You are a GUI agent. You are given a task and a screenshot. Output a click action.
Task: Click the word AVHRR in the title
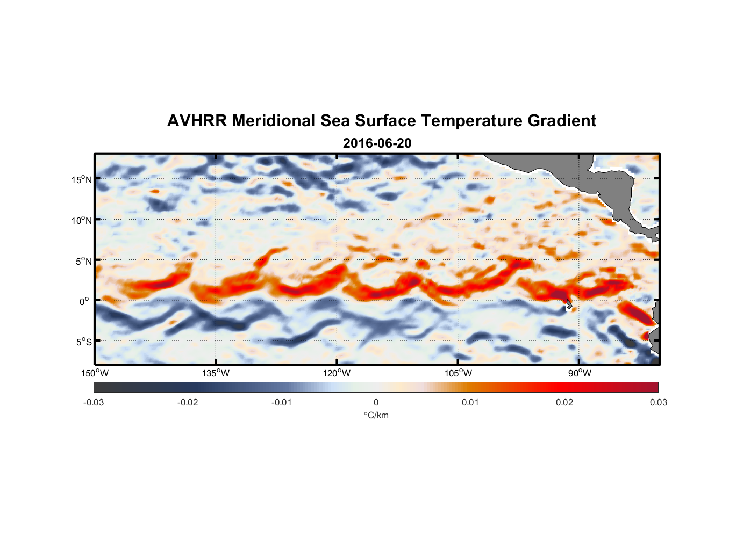[197, 121]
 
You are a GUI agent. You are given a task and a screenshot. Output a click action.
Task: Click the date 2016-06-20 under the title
[377, 143]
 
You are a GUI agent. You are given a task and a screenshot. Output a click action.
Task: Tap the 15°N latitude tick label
[81, 179]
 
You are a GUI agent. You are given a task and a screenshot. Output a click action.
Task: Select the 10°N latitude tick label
[81, 220]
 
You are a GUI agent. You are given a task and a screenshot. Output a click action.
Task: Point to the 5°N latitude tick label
[83, 261]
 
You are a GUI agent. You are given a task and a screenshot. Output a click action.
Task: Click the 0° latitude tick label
[84, 301]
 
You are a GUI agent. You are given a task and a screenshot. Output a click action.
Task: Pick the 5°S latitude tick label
[83, 342]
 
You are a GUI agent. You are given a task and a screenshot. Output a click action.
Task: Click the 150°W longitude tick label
[95, 373]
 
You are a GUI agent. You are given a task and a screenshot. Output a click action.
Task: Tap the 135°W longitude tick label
[216, 373]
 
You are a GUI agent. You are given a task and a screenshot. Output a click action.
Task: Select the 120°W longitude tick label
[337, 373]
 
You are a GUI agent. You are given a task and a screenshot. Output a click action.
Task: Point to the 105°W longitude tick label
[458, 373]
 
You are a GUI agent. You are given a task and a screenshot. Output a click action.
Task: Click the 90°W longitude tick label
[579, 373]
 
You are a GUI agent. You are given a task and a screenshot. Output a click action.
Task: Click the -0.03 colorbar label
[94, 402]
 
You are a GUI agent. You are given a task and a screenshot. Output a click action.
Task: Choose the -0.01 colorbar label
[282, 402]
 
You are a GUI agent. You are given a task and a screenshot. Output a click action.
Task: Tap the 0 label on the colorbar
[376, 402]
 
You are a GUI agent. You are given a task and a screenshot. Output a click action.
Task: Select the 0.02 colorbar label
[564, 402]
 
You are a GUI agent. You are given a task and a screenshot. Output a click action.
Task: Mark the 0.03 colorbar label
[658, 402]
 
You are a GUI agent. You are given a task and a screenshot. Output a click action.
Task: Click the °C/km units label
[376, 415]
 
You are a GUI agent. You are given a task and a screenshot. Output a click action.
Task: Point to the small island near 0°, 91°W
[568, 304]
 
